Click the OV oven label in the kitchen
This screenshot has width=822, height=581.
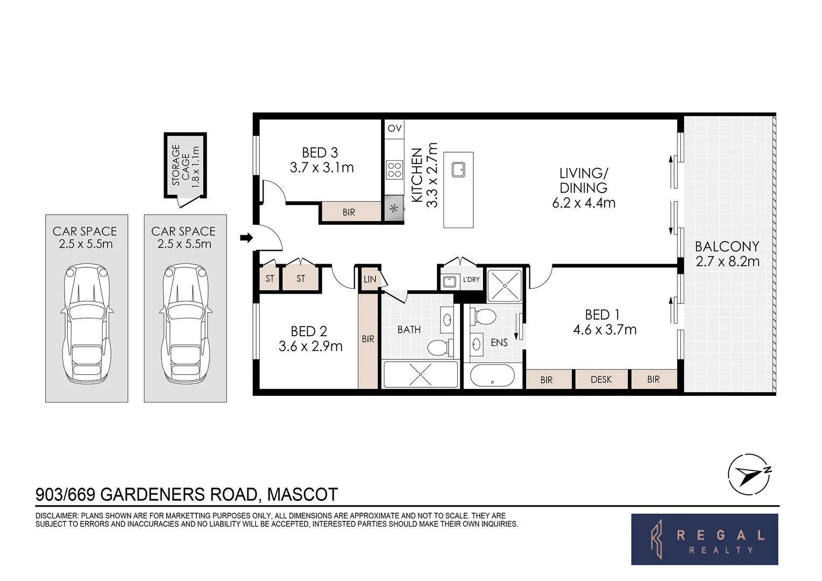click(x=394, y=128)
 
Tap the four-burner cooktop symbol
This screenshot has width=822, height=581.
click(x=394, y=170)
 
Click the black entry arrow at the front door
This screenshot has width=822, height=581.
click(x=246, y=238)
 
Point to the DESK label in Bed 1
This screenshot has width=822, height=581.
click(x=601, y=380)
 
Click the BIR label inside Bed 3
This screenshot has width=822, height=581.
click(x=349, y=212)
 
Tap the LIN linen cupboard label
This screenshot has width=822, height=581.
click(x=370, y=279)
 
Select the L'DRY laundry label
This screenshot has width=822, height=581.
click(x=471, y=280)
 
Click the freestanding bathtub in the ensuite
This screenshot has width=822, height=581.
click(x=492, y=375)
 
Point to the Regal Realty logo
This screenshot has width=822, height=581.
click(x=704, y=539)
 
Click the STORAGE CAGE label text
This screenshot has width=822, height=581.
click(x=185, y=166)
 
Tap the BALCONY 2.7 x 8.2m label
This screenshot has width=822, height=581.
click(x=727, y=254)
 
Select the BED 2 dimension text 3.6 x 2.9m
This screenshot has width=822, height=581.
click(x=310, y=346)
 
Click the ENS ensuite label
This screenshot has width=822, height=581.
click(x=499, y=342)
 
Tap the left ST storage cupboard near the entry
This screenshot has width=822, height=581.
click(x=270, y=279)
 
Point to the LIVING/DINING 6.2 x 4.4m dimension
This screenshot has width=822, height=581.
click(x=583, y=203)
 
